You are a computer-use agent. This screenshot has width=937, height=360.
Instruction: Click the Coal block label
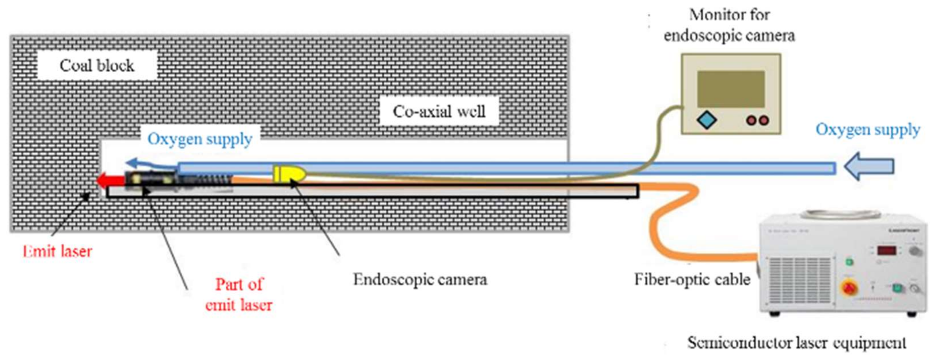point(97,65)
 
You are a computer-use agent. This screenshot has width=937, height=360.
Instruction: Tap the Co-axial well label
point(439,111)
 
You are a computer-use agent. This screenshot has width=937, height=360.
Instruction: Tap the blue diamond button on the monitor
point(707,120)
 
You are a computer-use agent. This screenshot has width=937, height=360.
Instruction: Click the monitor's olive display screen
point(731,89)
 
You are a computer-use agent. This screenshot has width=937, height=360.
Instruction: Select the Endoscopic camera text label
point(420,279)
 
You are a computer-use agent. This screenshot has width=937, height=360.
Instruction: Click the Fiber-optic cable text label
point(692,279)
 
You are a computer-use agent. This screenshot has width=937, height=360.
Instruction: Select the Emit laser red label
point(57,251)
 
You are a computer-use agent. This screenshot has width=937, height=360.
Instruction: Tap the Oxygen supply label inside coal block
point(200,139)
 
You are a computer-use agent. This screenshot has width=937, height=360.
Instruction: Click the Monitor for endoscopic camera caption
point(729,25)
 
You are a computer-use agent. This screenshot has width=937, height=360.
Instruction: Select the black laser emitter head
point(150,179)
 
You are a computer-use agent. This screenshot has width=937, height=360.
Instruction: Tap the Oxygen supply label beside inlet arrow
point(868,129)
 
